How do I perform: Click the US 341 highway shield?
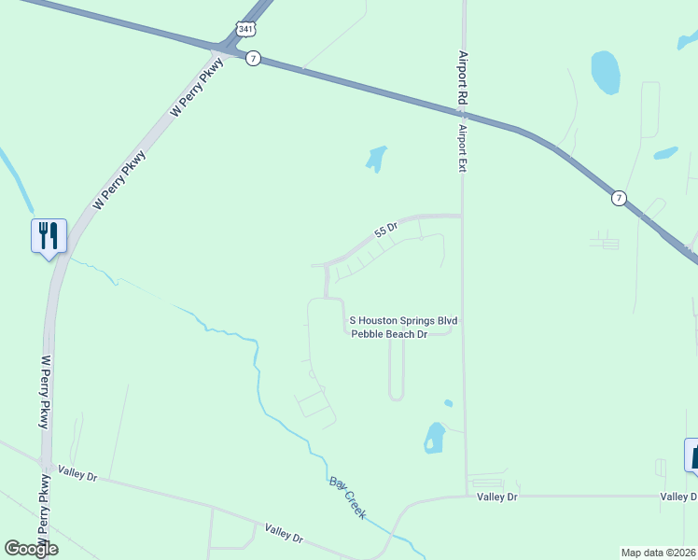245,30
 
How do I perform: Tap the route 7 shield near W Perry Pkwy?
253,58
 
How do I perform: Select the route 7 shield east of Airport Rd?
619,198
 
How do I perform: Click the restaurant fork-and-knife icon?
49,235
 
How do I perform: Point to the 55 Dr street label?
386,228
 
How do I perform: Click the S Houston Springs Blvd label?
403,321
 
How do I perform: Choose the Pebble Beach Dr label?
389,333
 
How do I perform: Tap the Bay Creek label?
347,497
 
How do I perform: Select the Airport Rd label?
462,77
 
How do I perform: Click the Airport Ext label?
461,149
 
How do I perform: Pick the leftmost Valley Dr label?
77,471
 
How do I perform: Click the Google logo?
31,549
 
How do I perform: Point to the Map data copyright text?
659,552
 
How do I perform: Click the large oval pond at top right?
605,72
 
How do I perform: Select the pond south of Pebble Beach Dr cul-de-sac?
435,437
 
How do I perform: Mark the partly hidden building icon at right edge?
691,455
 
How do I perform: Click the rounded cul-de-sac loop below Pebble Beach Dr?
396,396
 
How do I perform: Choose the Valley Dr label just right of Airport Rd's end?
497,497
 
